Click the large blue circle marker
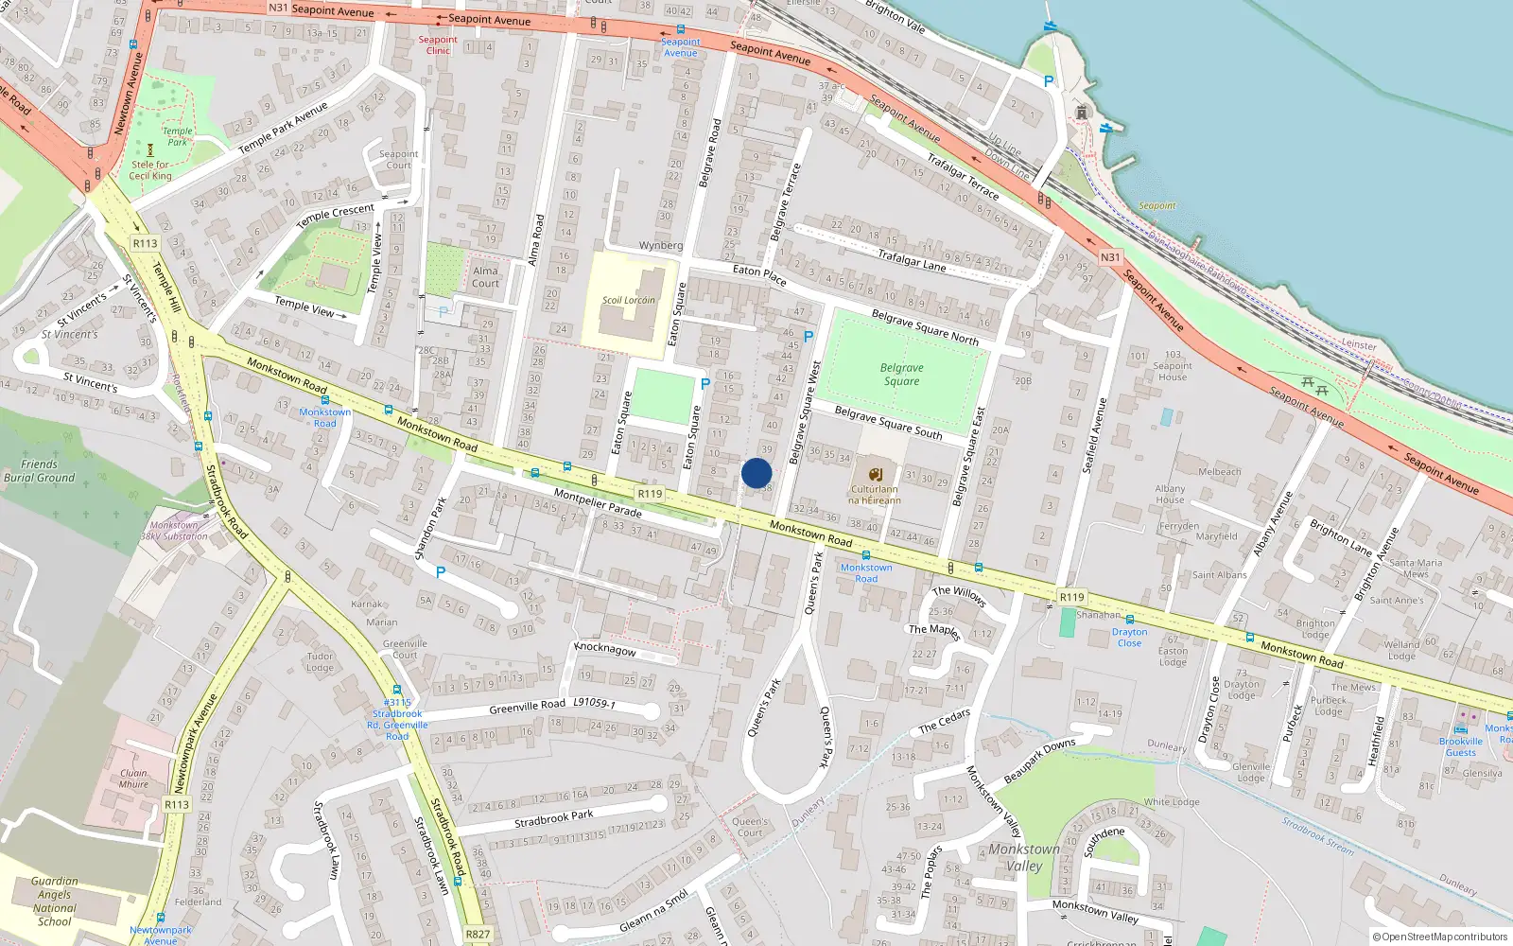click(756, 473)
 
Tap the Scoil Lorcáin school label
click(629, 300)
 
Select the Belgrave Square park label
click(901, 375)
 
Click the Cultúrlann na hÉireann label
click(875, 494)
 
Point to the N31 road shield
click(1110, 257)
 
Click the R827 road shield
click(478, 934)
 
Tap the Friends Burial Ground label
click(39, 471)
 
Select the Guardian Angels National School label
click(54, 901)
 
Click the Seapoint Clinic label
click(438, 44)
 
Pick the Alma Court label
click(485, 276)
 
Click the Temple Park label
click(177, 136)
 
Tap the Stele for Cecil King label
click(150, 170)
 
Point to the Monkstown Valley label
click(1024, 857)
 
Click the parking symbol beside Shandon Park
click(440, 572)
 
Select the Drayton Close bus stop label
click(1129, 637)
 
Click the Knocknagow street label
click(605, 649)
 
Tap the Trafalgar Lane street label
click(912, 260)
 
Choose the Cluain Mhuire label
click(133, 778)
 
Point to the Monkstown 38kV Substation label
click(174, 531)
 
